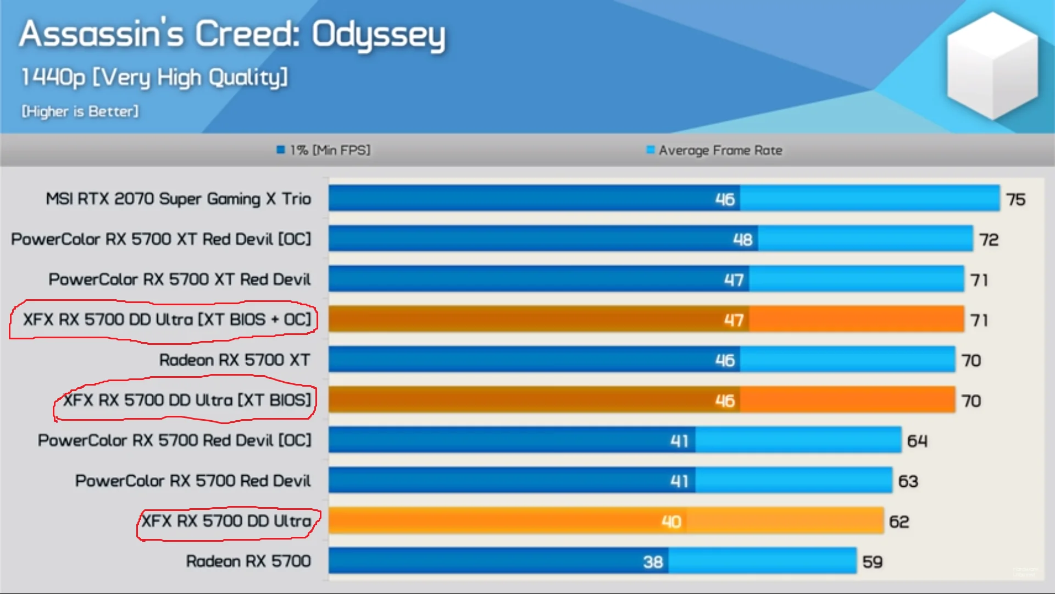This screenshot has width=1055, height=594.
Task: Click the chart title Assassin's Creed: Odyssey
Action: coord(232,34)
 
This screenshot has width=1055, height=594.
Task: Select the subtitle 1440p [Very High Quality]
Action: coord(154,77)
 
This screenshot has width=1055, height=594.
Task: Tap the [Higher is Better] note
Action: coord(80,111)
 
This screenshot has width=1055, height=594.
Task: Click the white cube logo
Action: coord(992,66)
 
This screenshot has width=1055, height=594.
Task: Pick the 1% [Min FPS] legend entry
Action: coord(324,150)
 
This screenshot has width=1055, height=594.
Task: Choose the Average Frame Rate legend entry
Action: coord(714,150)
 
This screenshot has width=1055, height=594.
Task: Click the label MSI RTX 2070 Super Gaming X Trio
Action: coord(178,199)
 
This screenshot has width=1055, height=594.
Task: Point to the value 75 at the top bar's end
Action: coord(1015,199)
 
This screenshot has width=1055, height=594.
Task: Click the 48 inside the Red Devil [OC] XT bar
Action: coord(742,239)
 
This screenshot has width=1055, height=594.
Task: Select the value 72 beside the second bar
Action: coord(989,240)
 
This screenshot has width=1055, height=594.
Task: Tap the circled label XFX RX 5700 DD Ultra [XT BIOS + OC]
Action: coord(166,320)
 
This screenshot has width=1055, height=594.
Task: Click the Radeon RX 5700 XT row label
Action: coord(234,360)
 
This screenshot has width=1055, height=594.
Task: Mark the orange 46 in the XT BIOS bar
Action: coord(725,400)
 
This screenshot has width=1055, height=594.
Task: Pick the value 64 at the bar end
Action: coord(917,441)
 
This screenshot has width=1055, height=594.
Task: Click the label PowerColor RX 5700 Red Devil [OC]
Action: coord(174,441)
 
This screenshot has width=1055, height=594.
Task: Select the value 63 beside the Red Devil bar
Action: coord(908,481)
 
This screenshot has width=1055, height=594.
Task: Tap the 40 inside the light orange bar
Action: coord(671,521)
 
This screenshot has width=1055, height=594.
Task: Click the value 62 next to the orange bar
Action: coord(899,521)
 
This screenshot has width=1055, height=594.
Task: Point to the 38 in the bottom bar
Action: coord(653,562)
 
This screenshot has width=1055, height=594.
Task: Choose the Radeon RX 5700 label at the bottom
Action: coord(248,561)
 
